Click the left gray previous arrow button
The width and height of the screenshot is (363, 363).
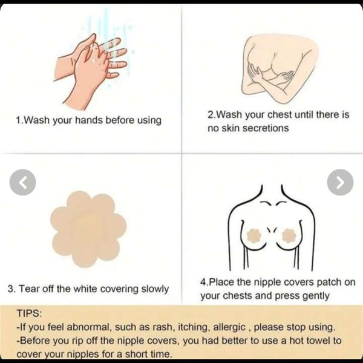click(23, 183)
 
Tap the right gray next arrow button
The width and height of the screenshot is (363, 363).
click(340, 183)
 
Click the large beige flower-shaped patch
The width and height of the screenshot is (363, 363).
click(88, 229)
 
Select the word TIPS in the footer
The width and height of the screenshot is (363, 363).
click(29, 313)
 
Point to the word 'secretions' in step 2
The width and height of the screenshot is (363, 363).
click(266, 128)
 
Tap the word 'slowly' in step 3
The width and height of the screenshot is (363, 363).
click(155, 289)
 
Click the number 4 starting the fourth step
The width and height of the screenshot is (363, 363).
click(203, 282)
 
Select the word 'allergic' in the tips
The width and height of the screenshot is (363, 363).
click(229, 327)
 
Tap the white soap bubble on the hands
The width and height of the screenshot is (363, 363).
click(93, 60)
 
